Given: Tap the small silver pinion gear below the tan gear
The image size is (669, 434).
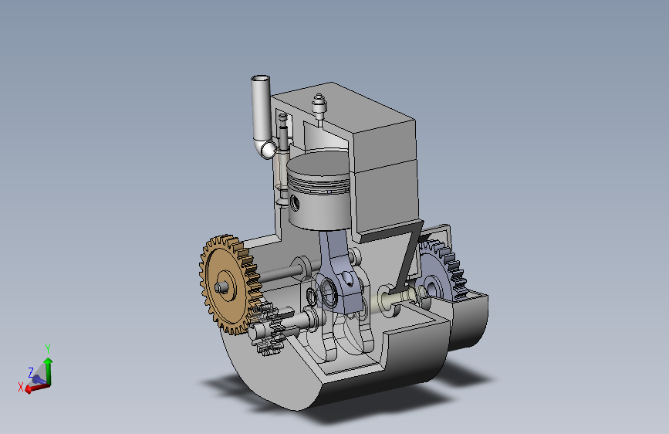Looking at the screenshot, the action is coord(267,329).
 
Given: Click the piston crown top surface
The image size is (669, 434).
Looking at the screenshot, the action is coord(318,163).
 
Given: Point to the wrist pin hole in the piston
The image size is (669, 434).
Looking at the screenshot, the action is coord(295,203).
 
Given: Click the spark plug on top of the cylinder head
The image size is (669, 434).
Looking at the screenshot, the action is coord(319,107).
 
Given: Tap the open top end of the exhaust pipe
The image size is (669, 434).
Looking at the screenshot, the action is coord(260,79).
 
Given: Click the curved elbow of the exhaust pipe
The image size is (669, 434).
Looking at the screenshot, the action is coord(265,148).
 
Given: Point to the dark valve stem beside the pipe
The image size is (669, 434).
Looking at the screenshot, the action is coord(283,132).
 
